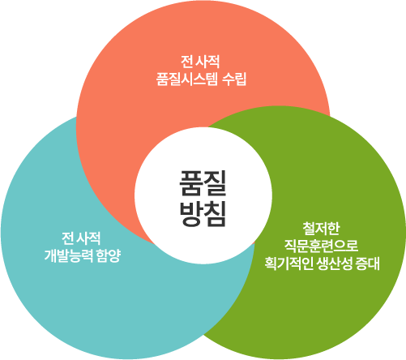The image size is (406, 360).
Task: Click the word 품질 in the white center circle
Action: (x=203, y=183)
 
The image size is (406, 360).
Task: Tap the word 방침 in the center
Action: (x=203, y=213)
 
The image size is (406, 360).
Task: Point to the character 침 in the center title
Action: (x=215, y=213)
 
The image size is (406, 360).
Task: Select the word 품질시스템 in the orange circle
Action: (x=186, y=79)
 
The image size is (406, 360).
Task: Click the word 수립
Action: (x=234, y=79)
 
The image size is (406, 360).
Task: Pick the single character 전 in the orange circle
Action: (x=186, y=62)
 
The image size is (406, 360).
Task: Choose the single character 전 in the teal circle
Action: (x=67, y=238)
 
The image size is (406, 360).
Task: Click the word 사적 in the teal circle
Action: (x=89, y=238)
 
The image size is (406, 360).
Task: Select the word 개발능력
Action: (x=68, y=255)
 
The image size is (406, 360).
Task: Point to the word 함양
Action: (x=109, y=255)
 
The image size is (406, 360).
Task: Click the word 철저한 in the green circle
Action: (x=321, y=229)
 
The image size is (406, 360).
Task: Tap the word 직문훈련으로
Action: (x=321, y=246)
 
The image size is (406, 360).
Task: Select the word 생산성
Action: (x=335, y=264)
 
